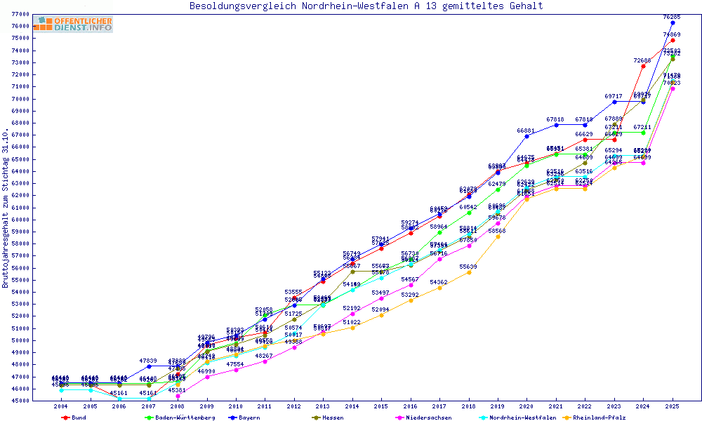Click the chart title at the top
[x=366, y=6]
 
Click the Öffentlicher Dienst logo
[x=72, y=25]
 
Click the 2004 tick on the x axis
[x=61, y=406]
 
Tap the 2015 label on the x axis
[x=381, y=406]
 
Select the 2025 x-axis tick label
[x=673, y=406]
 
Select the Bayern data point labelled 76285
[x=673, y=22]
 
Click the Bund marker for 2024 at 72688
[x=643, y=66]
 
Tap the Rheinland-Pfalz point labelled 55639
[x=469, y=272]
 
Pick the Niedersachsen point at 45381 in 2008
[x=178, y=396]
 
